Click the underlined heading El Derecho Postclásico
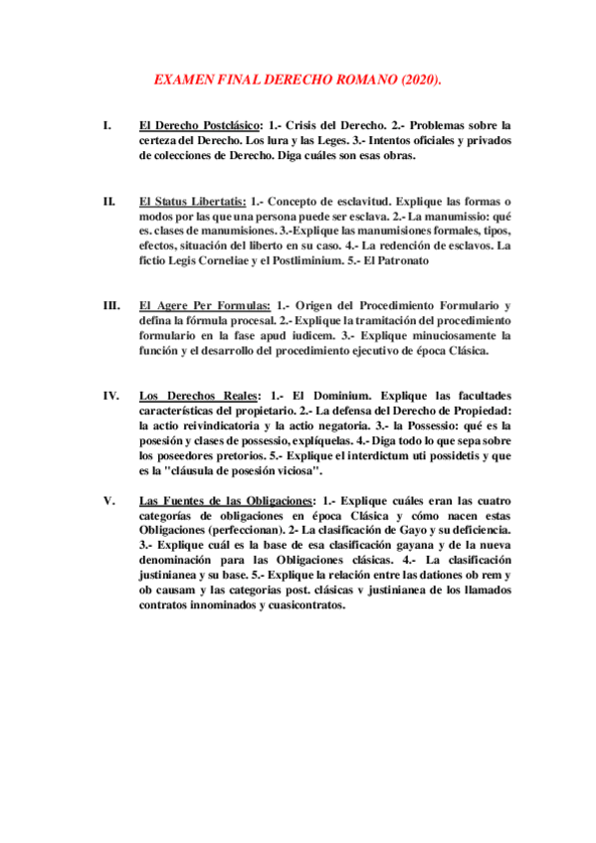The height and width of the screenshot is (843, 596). pyautogui.click(x=199, y=125)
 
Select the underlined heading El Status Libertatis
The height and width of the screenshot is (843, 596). pyautogui.click(x=193, y=202)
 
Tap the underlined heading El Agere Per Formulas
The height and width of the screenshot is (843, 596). pyautogui.click(x=204, y=304)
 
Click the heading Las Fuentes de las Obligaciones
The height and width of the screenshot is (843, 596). pyautogui.click(x=226, y=500)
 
